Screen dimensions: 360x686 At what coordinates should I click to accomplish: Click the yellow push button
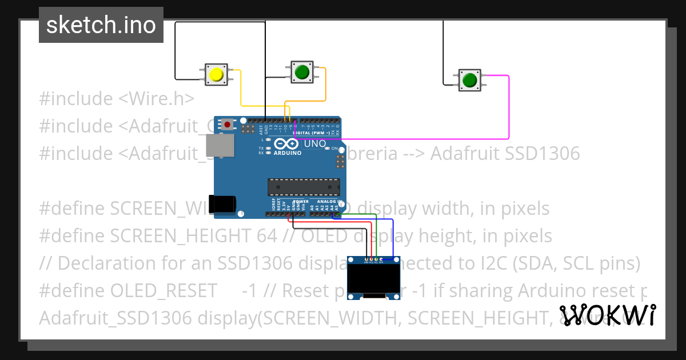pyautogui.click(x=216, y=75)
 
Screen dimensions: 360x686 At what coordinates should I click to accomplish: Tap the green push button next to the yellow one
pyautogui.click(x=301, y=72)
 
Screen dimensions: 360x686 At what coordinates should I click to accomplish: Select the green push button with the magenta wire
pyautogui.click(x=469, y=80)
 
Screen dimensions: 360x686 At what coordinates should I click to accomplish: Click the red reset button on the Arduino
pyautogui.click(x=228, y=124)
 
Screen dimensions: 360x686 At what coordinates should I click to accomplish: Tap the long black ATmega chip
pyautogui.click(x=304, y=187)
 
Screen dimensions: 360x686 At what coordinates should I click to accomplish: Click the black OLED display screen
pyautogui.click(x=373, y=278)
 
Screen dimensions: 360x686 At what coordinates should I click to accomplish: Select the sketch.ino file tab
pyautogui.click(x=101, y=25)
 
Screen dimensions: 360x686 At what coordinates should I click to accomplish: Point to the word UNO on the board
pyautogui.click(x=315, y=143)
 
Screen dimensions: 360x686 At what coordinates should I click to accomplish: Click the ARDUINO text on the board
pyautogui.click(x=287, y=153)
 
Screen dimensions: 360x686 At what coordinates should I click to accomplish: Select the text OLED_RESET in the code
pyautogui.click(x=163, y=291)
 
